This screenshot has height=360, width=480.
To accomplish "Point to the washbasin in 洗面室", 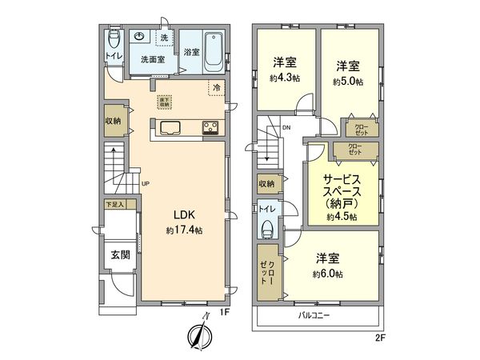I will [139, 37].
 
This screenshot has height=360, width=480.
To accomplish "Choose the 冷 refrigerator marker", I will [215, 86].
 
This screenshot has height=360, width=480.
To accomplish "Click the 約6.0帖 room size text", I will [328, 274].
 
